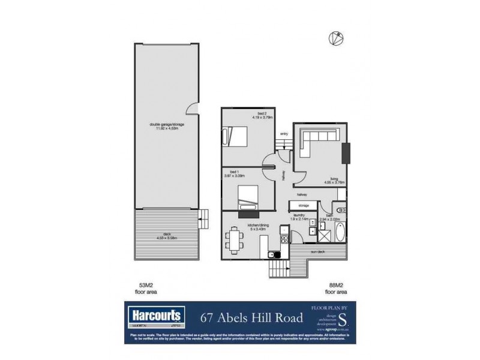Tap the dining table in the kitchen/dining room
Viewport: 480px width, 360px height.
point(233,241)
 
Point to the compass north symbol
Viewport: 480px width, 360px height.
point(335,38)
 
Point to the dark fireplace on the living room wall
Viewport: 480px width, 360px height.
point(346,153)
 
